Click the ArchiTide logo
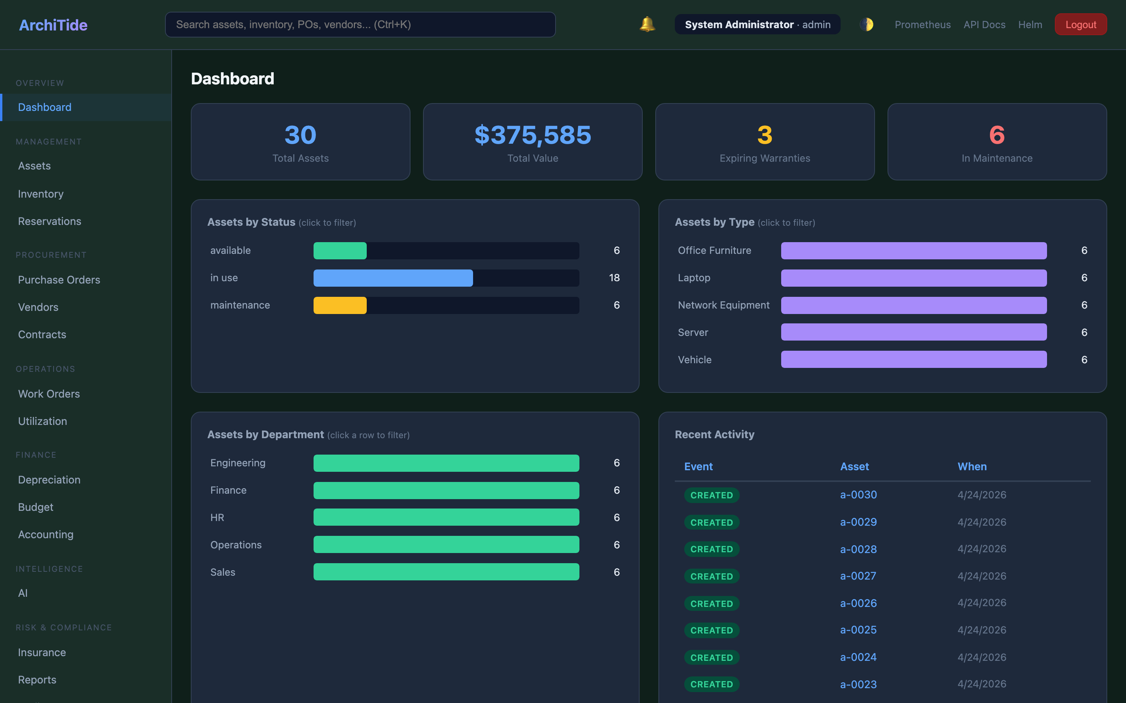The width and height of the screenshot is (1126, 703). (53, 25)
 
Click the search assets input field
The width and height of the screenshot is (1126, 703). (360, 25)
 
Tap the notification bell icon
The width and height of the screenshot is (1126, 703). (647, 24)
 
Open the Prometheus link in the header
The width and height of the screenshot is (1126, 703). (922, 25)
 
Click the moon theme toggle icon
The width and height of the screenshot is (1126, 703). (866, 24)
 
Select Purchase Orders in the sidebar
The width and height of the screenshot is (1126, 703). (59, 280)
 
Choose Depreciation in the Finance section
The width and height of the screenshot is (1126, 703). (49, 480)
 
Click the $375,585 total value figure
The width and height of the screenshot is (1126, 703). (532, 135)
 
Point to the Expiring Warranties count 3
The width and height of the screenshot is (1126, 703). (764, 135)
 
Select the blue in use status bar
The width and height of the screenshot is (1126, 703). (393, 278)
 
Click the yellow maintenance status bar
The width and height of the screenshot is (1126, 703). (340, 305)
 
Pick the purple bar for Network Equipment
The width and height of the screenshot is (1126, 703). (913, 305)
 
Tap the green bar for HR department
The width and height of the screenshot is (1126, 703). (446, 517)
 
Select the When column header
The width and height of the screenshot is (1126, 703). (972, 466)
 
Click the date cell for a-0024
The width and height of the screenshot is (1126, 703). (982, 657)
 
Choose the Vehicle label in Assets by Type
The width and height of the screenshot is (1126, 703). (694, 360)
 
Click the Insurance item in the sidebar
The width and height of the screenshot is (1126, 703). (42, 652)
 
